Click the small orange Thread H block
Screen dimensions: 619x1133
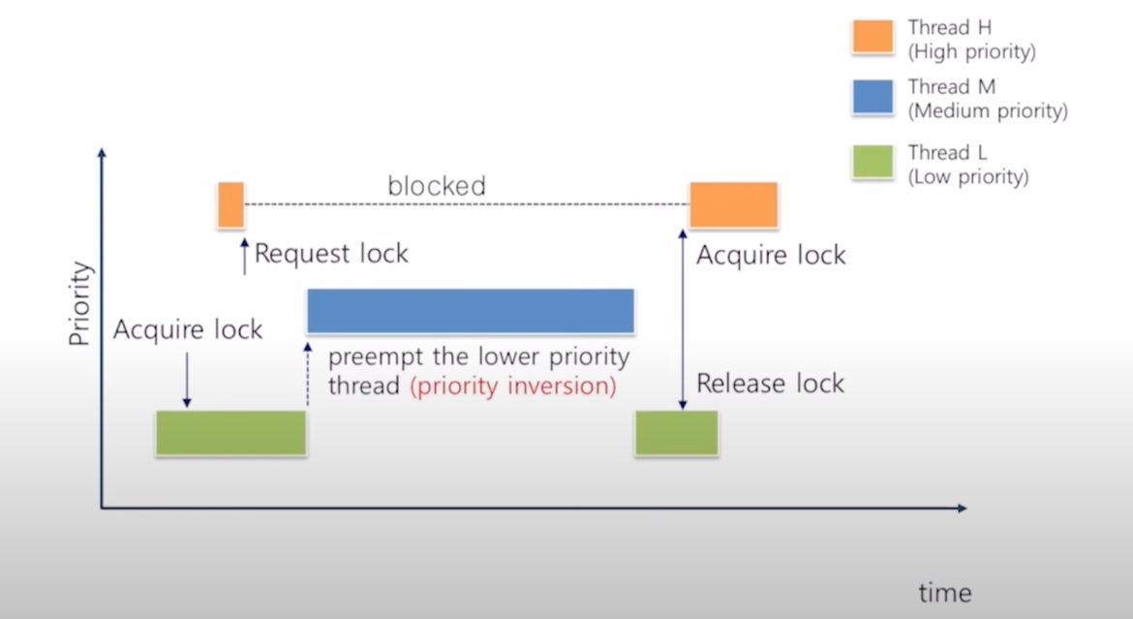coord(230,204)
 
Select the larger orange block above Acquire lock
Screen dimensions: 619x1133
coord(733,204)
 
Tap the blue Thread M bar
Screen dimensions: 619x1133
coord(471,311)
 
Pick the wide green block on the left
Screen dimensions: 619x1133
coord(230,432)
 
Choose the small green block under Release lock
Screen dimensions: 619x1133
coord(676,432)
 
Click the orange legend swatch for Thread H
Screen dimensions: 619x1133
coord(873,37)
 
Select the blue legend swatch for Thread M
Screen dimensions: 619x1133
coord(873,98)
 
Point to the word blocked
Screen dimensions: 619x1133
coord(437,185)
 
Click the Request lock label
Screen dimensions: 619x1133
coord(331,254)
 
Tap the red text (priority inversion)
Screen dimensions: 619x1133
coord(512,386)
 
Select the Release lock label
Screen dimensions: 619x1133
coord(770,383)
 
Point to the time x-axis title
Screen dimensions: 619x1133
coord(944,592)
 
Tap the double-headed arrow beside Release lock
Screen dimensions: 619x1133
coord(683,320)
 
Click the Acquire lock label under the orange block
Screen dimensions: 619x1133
coord(771,256)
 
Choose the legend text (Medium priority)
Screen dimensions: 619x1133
coord(988,111)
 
